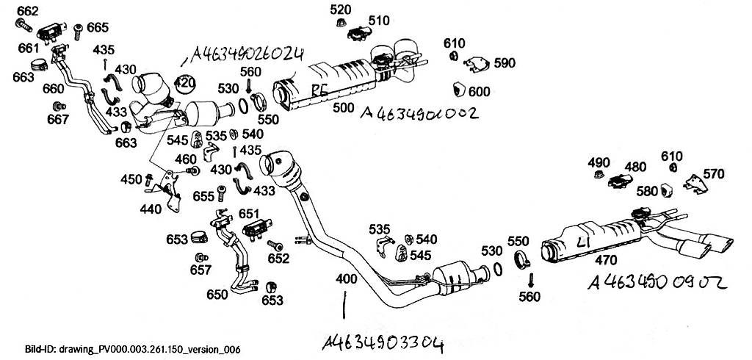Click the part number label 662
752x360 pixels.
27,11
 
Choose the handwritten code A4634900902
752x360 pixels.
657,282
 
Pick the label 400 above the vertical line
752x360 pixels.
347,280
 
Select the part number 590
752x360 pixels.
505,63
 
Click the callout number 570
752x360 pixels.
713,174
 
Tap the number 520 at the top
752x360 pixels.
340,10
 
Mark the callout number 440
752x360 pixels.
150,209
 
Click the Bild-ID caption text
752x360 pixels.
122,350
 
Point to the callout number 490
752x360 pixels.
599,162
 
